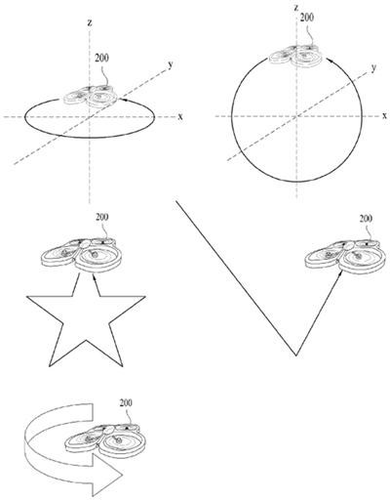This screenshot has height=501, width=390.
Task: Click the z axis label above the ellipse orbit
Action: tap(90, 22)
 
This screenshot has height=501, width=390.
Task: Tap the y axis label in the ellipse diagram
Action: tap(171, 64)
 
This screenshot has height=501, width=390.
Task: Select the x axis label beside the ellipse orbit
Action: tap(180, 116)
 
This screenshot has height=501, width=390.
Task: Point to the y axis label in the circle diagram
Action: tap(374, 68)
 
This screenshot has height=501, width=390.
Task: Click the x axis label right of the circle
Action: tap(385, 115)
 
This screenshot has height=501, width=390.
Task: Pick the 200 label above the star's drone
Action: tap(102, 217)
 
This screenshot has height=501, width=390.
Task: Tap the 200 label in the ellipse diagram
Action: tap(101, 58)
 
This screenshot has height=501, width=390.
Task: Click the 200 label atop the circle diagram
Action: tap(307, 18)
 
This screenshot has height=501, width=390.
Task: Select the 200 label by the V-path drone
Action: tap(366, 219)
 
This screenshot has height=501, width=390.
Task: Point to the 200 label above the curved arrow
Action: tap(126, 403)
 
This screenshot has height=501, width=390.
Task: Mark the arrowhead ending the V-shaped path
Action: tap(340, 273)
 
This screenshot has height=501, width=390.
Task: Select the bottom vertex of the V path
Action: tap(296, 355)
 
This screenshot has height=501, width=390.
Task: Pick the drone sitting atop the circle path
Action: tap(295, 56)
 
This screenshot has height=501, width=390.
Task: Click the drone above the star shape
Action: tap(81, 255)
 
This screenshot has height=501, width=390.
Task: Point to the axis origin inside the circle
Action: tap(296, 116)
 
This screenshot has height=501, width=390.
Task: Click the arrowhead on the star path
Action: tap(95, 277)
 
